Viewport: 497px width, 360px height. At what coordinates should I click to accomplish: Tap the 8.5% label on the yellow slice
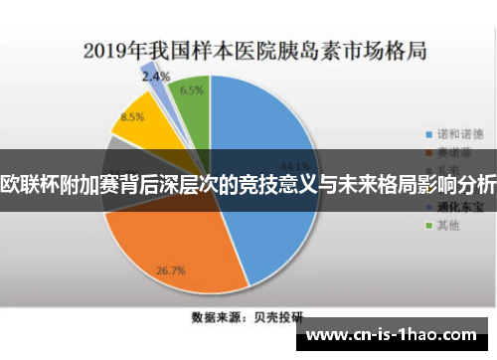point(131,116)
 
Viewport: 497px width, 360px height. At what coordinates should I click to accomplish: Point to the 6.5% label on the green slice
point(193,90)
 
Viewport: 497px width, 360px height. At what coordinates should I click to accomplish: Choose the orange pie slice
point(179,244)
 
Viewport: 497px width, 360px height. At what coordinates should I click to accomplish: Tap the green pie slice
point(192,104)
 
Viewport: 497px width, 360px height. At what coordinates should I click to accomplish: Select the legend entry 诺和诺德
point(458,132)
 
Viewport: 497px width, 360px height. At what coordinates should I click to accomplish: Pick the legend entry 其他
point(449,226)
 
